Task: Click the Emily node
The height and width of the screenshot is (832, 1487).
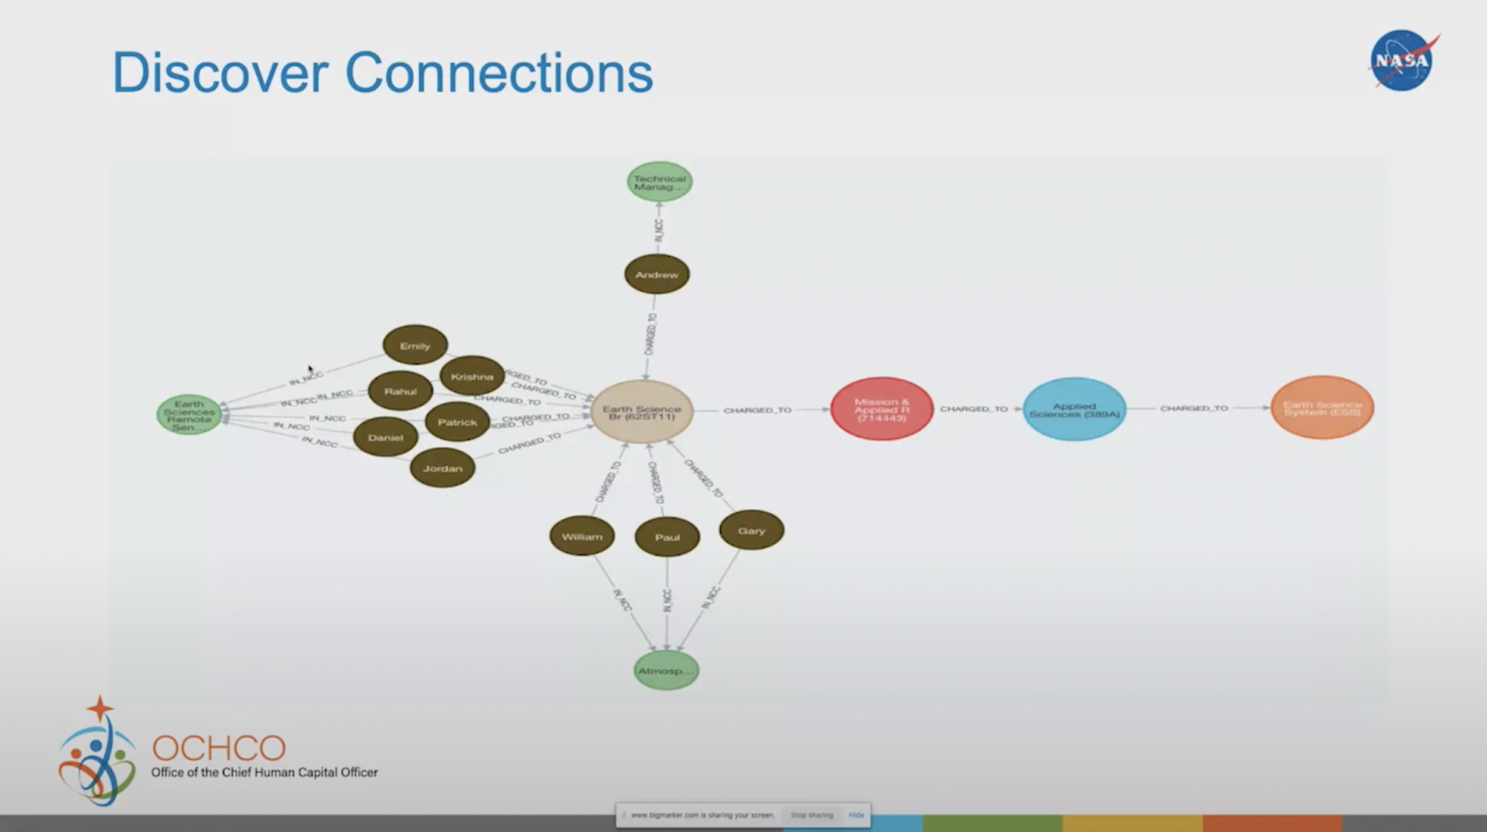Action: point(415,346)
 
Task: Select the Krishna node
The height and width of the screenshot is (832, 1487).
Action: point(472,376)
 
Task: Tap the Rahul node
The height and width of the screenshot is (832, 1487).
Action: point(400,391)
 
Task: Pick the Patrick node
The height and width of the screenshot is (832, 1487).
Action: point(457,422)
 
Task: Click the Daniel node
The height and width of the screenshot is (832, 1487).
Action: point(385,437)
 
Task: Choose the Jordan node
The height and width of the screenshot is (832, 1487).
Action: point(442,469)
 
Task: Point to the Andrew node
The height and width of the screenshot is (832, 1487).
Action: point(656,275)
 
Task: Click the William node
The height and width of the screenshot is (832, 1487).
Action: point(582,537)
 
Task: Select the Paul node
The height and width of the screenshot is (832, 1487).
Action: point(667,538)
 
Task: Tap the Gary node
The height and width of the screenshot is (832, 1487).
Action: point(751,531)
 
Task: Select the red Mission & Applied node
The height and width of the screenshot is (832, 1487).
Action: point(881,409)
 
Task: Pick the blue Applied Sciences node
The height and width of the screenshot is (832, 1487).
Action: point(1074,409)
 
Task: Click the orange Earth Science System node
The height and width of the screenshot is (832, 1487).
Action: point(1321,408)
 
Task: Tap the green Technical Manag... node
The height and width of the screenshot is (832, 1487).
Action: point(659,182)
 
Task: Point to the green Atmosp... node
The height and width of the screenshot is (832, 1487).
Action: point(666,670)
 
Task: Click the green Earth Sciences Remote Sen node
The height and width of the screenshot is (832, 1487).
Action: point(189,415)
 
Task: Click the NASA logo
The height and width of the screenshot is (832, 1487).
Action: point(1403,60)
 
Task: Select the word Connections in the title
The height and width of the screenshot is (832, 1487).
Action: point(499,73)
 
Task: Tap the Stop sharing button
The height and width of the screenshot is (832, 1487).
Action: point(811,816)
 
